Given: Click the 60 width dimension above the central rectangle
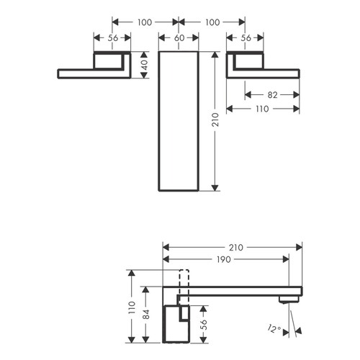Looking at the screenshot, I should [177, 38].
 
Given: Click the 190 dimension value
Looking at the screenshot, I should [225, 260].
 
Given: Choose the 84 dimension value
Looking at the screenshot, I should [145, 314].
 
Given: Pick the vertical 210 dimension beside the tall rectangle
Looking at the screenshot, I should [214, 121].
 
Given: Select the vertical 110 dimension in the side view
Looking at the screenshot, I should [130, 308].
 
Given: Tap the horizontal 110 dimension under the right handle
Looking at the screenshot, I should [261, 109].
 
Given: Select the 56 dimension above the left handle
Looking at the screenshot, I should [112, 38].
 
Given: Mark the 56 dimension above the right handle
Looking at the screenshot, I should [245, 38].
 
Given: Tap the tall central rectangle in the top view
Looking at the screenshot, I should [177, 121].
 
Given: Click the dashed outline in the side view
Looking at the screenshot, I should [182, 279].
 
